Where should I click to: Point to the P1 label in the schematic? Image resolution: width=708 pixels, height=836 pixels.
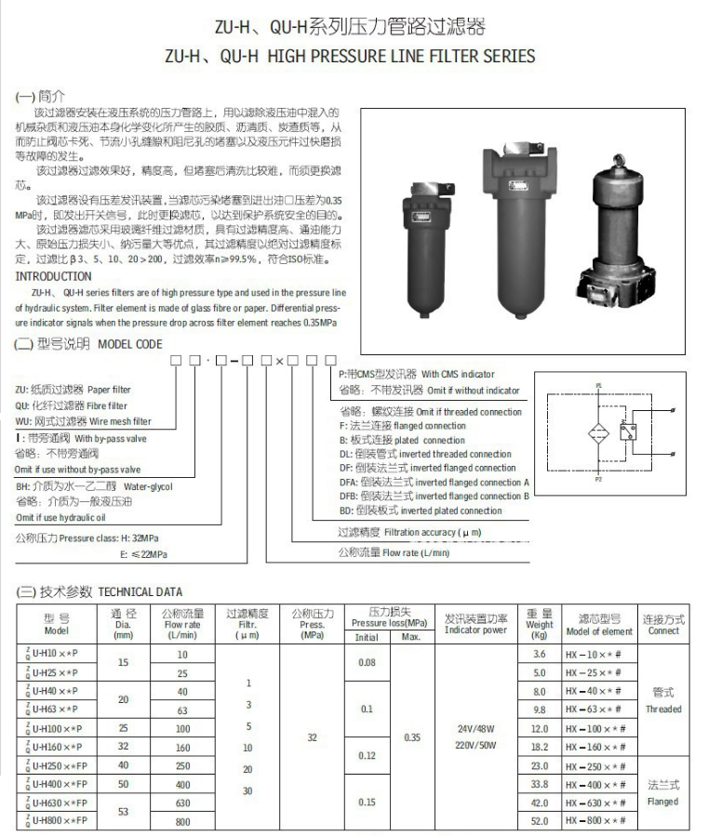point(598,383)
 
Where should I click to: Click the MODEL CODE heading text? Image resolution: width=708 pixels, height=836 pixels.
point(129,344)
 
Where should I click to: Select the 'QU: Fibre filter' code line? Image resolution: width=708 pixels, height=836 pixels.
point(72,405)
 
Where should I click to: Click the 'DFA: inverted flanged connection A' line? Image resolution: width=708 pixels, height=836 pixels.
point(434,483)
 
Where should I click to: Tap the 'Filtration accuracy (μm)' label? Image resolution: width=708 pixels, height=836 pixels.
point(409,532)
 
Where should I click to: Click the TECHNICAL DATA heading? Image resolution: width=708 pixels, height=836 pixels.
point(140,591)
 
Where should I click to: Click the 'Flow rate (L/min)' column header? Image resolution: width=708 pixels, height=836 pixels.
point(182,624)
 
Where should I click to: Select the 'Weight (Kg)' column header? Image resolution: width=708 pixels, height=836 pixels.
point(540,624)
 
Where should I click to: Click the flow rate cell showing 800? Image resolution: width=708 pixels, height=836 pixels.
point(182,822)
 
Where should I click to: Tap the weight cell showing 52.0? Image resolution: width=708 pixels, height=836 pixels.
point(540,822)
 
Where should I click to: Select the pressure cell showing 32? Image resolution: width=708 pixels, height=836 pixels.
point(313,737)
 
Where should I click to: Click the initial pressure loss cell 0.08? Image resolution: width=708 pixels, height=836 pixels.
point(367,663)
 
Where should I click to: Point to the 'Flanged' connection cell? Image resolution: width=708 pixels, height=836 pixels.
point(663,802)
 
